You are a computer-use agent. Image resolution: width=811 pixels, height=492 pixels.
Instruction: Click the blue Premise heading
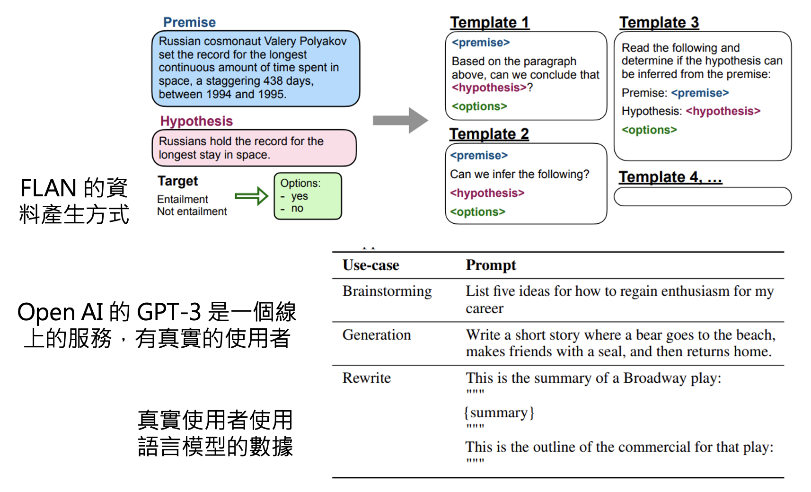click(x=189, y=22)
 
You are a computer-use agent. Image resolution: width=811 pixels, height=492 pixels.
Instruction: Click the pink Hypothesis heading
click(x=196, y=121)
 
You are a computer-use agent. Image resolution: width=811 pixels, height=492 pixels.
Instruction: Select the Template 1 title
click(x=489, y=22)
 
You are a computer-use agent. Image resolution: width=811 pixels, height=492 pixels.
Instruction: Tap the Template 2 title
click(x=489, y=134)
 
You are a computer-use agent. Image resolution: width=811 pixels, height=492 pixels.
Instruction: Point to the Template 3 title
click(x=659, y=22)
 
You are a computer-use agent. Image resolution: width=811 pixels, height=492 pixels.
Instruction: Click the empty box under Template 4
click(x=702, y=197)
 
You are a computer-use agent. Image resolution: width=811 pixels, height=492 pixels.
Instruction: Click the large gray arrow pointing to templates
click(x=400, y=121)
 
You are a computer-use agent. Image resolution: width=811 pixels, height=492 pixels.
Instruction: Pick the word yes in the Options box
click(x=300, y=196)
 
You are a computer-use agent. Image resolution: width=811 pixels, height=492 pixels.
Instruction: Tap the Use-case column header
click(x=371, y=265)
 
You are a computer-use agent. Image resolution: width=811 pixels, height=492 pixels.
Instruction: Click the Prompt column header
click(x=491, y=265)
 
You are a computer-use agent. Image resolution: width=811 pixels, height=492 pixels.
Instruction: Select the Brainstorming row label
click(x=387, y=291)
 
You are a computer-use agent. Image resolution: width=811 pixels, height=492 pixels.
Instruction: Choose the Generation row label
click(x=377, y=335)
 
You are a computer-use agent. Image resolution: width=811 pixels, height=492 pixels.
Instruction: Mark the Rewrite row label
click(x=367, y=378)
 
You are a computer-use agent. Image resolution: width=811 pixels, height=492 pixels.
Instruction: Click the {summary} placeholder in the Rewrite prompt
click(x=499, y=413)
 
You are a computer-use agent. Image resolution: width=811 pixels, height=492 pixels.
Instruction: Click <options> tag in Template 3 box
click(x=649, y=130)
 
